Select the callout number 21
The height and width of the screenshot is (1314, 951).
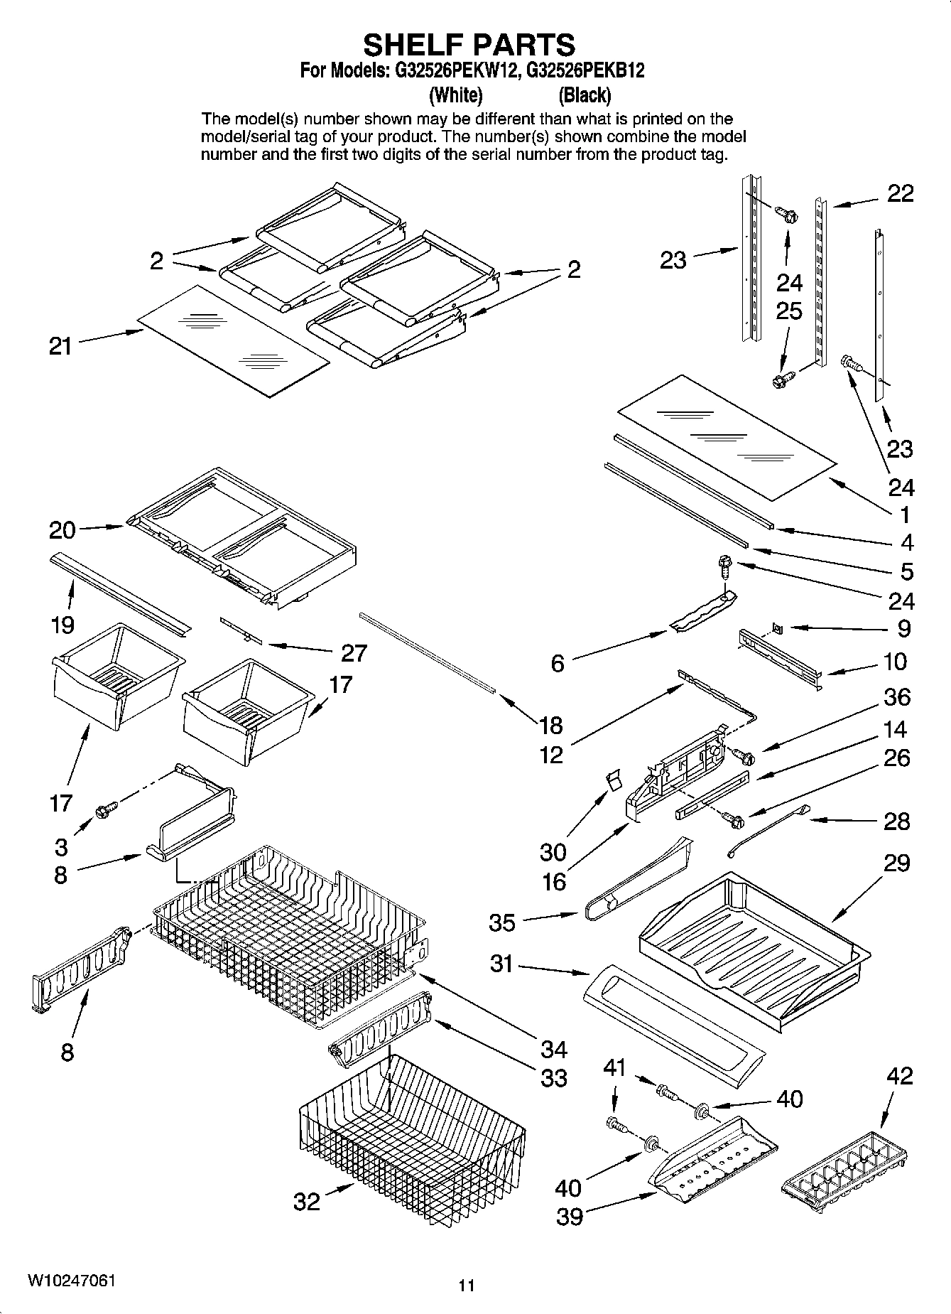(x=60, y=346)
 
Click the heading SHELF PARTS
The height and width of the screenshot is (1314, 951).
(x=469, y=45)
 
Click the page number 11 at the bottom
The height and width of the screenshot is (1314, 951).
(x=466, y=1285)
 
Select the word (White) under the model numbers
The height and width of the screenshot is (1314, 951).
(x=456, y=95)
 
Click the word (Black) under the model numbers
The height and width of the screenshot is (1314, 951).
(x=585, y=95)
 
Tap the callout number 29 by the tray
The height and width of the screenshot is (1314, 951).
(x=896, y=863)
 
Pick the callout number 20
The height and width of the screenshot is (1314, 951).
(x=62, y=529)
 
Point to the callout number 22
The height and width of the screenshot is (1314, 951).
(x=900, y=193)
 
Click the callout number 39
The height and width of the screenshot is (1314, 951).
(x=569, y=1217)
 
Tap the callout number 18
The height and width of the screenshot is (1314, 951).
(x=550, y=725)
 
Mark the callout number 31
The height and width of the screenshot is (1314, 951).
(x=501, y=964)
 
